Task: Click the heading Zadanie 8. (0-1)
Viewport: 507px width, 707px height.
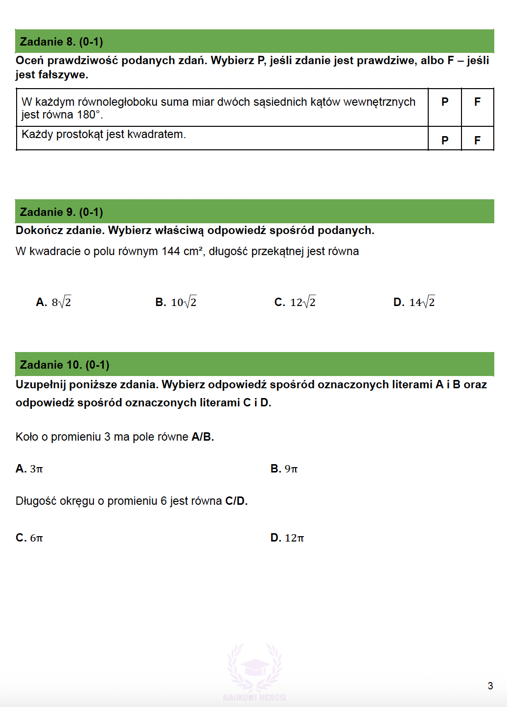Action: point(61,42)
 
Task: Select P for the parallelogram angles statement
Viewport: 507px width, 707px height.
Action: point(445,102)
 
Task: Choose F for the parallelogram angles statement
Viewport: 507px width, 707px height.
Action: point(477,102)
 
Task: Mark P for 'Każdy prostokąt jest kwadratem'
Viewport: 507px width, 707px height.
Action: point(445,141)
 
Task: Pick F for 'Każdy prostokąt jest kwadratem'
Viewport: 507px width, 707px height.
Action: point(477,141)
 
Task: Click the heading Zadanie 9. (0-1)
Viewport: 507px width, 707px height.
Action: point(61,212)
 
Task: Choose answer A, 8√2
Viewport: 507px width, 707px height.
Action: point(54,302)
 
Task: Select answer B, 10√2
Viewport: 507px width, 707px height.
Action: point(176,302)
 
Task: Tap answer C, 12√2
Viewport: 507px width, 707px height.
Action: point(295,302)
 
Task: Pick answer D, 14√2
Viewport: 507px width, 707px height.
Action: point(414,302)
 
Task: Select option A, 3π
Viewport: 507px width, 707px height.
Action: point(29,469)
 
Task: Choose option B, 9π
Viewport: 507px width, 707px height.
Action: point(284,469)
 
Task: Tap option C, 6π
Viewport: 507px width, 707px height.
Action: point(29,538)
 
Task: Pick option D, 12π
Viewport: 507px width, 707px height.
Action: point(287,538)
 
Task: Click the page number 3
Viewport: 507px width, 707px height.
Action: point(490,686)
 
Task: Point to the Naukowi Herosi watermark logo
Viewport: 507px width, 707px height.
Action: point(254,671)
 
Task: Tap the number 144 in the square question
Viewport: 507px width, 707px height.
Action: point(171,252)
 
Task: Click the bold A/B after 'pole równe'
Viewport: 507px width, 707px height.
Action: point(203,437)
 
